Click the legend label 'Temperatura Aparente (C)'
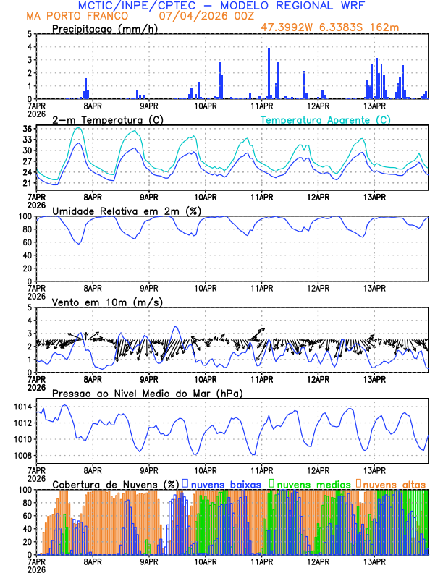325,119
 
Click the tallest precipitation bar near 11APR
269,72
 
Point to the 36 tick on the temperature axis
27,130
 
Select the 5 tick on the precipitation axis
30,34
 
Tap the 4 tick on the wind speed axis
30,321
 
